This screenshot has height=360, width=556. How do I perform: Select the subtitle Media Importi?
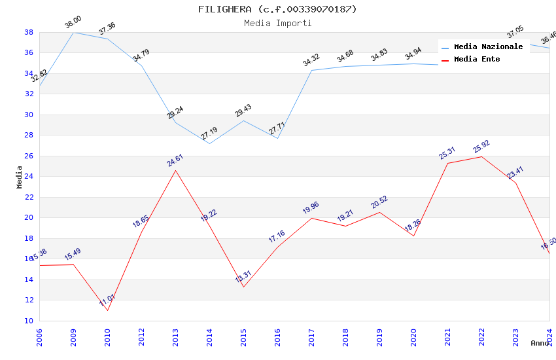pos(277,23)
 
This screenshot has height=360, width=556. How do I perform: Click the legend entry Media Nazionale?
pos(488,47)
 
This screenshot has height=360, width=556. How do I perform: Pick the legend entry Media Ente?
pos(477,60)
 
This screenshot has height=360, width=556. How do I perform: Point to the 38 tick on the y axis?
pos(29,32)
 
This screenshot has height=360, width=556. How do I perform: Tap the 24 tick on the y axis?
pos(29,177)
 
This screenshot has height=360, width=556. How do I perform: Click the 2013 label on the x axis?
pos(175,336)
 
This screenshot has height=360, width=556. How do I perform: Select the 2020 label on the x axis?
pos(413,336)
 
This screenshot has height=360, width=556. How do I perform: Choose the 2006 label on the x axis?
pos(39,336)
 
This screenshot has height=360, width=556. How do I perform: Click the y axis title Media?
pos(20,177)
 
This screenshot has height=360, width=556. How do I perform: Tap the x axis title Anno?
pos(540,343)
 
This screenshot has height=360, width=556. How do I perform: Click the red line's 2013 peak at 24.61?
pos(175,170)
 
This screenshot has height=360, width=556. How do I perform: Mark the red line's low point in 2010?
pos(107,310)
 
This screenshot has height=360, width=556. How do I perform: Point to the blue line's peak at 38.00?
pos(73,32)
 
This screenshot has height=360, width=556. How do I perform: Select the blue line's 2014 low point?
pos(209,143)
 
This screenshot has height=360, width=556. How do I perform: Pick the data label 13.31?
pos(243,276)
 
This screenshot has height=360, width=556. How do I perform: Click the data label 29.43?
pos(243,110)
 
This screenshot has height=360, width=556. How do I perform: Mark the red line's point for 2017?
pos(311,218)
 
